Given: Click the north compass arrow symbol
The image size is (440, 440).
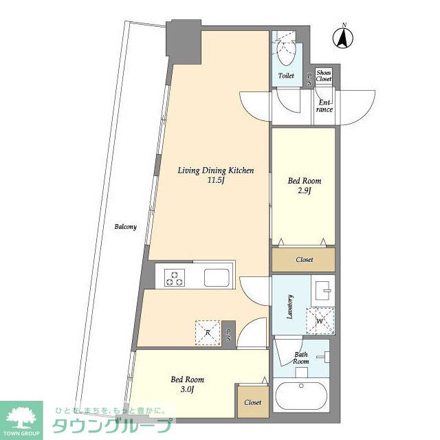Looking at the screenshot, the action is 342,38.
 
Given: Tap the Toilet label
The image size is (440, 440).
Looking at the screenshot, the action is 286,76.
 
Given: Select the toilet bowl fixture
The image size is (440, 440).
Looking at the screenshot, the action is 286,50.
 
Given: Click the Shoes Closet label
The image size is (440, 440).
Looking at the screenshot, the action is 324,76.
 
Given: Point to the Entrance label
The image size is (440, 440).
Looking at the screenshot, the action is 324,106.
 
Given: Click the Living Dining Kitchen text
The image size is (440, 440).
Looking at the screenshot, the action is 215,170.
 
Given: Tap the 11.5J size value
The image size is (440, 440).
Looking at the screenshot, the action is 215,180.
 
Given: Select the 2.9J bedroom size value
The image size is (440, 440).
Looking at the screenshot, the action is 305,191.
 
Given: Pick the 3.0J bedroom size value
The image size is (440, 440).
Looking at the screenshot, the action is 188,390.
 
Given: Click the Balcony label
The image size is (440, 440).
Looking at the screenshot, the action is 125,227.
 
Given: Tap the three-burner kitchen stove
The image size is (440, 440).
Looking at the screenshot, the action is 175,277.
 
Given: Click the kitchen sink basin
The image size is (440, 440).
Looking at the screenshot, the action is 217,278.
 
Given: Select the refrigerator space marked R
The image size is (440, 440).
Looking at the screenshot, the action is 208,333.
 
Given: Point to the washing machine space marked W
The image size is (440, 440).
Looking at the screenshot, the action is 320,321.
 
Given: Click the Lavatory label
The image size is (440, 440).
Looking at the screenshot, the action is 290,307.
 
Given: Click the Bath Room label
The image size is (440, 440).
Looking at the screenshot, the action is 301,358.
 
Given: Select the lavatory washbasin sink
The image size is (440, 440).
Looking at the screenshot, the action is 322,290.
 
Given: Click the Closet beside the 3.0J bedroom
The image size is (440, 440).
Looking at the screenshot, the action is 253,401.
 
